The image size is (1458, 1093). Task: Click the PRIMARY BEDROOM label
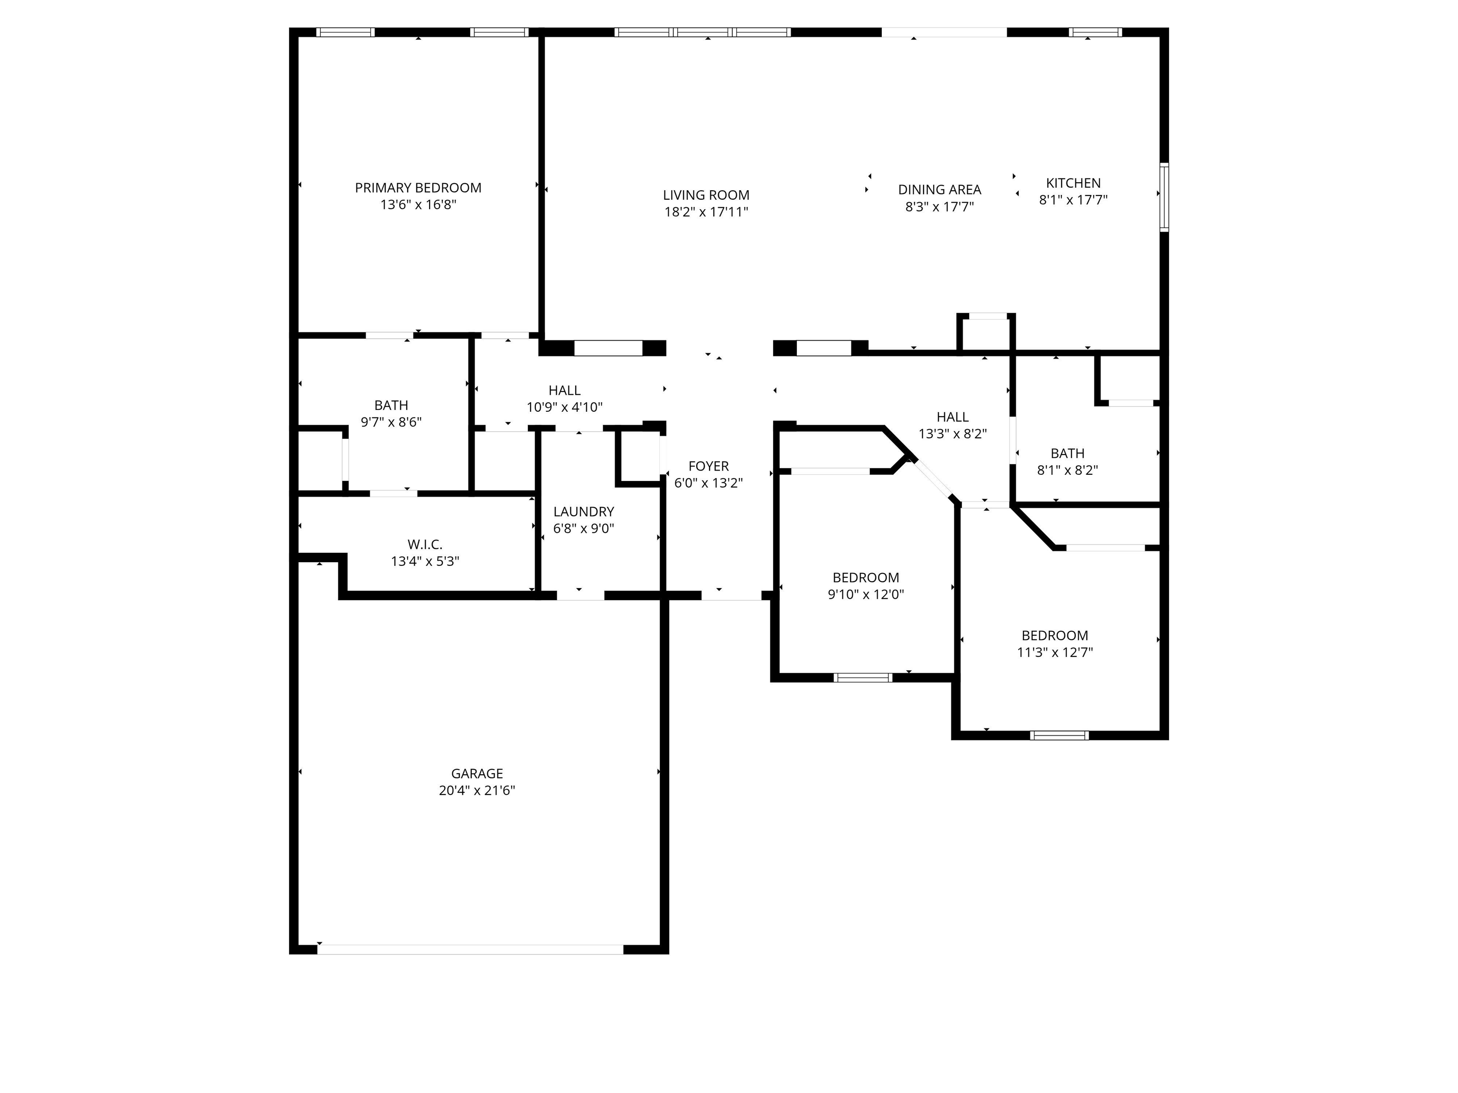(418, 188)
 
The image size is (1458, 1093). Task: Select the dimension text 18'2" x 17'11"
(706, 212)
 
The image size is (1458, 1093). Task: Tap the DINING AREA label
(939, 190)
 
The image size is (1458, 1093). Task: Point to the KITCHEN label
(1073, 183)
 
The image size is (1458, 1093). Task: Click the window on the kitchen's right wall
(1164, 197)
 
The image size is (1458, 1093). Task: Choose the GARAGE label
(477, 773)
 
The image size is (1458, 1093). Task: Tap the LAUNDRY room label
(583, 512)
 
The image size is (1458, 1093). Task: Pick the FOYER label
(709, 466)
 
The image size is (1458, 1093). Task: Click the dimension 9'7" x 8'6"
(391, 422)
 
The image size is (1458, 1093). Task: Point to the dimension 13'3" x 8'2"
(953, 434)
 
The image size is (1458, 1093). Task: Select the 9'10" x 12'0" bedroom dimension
(865, 595)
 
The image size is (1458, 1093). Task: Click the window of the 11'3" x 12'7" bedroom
(1059, 735)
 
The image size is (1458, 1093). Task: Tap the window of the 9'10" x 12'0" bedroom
(863, 677)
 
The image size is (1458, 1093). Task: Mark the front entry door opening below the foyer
(731, 595)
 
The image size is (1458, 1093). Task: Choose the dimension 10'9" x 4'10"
(564, 407)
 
